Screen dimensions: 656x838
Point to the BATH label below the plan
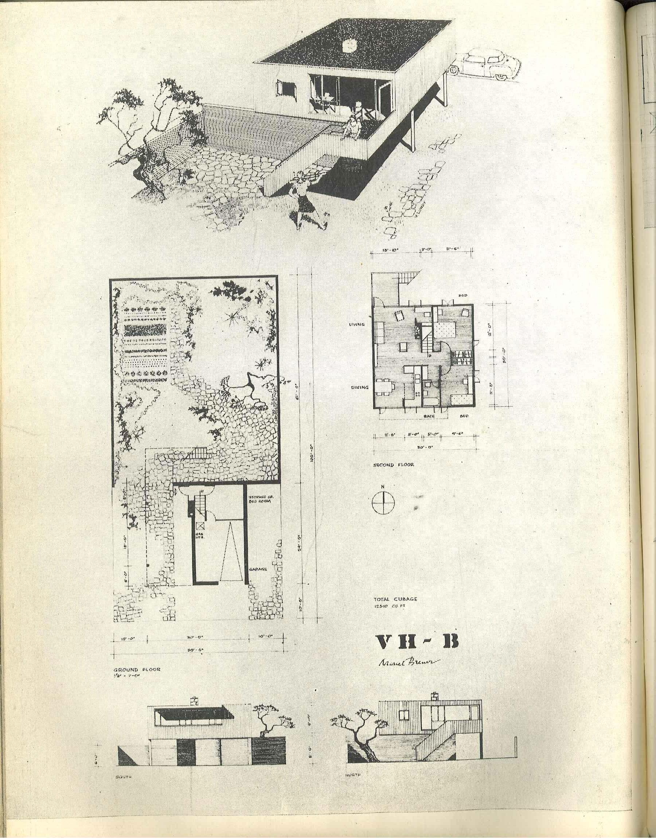pyautogui.click(x=429, y=415)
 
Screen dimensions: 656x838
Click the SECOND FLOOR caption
pyautogui.click(x=394, y=465)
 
